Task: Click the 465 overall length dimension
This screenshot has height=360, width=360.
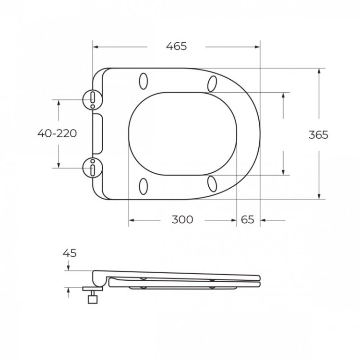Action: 176,47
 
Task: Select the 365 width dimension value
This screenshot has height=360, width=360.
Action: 318,134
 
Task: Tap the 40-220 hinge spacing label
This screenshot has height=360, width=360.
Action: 57,133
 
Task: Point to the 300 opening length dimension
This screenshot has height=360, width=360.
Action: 182,220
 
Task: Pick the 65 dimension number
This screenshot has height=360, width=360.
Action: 247,220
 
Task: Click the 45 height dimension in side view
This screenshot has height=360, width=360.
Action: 70,253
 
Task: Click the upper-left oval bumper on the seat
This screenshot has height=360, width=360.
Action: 143,82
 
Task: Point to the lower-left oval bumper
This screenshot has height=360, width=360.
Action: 143,186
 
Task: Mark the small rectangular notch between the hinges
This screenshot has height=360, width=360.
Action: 98,133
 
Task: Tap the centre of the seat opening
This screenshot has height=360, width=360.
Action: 183,133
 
